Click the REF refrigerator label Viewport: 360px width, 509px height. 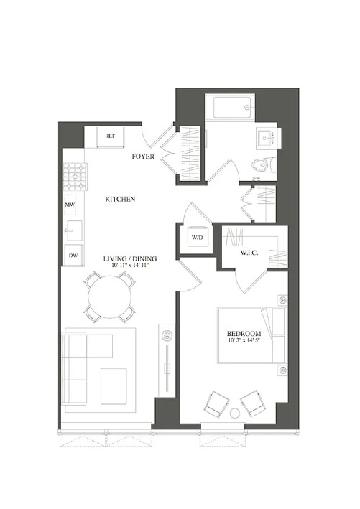(x=110, y=136)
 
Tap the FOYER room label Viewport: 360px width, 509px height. (x=145, y=155)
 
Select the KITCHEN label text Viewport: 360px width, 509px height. (x=120, y=199)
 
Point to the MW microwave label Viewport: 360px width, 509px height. (x=70, y=205)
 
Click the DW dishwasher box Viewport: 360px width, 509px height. (x=73, y=255)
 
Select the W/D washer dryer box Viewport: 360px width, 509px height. (x=197, y=238)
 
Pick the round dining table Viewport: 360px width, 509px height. (x=111, y=296)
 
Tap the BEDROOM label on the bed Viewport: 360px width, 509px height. (x=244, y=335)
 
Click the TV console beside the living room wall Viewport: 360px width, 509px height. (x=167, y=356)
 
